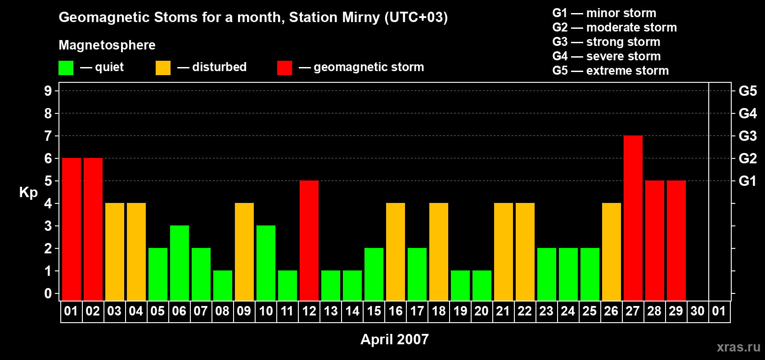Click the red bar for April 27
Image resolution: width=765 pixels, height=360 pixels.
pyautogui.click(x=633, y=218)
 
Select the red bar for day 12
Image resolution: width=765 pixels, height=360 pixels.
pyautogui.click(x=309, y=241)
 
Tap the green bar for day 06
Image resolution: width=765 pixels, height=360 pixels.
pyautogui.click(x=180, y=263)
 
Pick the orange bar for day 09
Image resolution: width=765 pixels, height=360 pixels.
pyautogui.click(x=244, y=252)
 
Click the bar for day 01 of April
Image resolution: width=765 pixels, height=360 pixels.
pyautogui.click(x=72, y=229)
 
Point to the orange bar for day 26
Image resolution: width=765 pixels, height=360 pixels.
pyautogui.click(x=612, y=252)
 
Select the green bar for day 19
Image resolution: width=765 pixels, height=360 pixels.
pyautogui.click(x=460, y=286)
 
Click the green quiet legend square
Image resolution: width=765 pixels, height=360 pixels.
pyautogui.click(x=66, y=68)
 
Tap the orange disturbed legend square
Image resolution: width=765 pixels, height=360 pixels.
pyautogui.click(x=163, y=68)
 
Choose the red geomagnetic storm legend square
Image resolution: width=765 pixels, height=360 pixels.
pyautogui.click(x=284, y=68)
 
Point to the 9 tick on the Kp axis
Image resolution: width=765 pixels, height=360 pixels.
pyautogui.click(x=48, y=91)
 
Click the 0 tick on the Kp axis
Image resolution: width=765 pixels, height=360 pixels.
pyautogui.click(x=48, y=294)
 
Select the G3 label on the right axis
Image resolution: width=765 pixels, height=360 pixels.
pyautogui.click(x=747, y=136)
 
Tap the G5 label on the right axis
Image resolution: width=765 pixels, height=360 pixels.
pyautogui.click(x=747, y=91)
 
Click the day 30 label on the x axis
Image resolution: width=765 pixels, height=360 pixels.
pyautogui.click(x=697, y=311)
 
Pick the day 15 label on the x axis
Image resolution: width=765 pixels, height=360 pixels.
pyautogui.click(x=374, y=311)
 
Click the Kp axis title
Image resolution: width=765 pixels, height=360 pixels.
pyautogui.click(x=28, y=193)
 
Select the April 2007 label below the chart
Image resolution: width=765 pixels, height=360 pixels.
pyautogui.click(x=395, y=339)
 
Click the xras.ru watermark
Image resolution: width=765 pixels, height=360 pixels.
pyautogui.click(x=738, y=347)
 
